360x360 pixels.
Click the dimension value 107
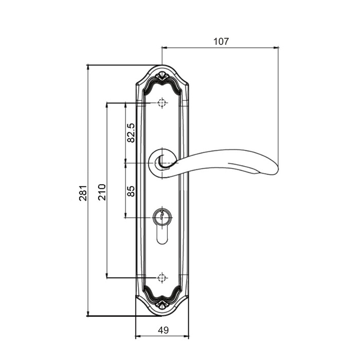(x=221, y=42)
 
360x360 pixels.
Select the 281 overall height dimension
(x=83, y=193)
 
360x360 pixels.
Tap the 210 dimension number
(x=102, y=192)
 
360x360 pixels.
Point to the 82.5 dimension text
(x=131, y=133)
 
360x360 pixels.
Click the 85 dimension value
(x=131, y=191)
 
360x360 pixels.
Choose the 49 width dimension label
(x=163, y=330)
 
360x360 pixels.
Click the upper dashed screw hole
(x=162, y=103)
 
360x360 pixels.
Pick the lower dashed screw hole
(x=162, y=278)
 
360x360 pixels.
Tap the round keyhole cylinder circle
(x=163, y=217)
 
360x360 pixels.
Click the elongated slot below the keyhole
(x=162, y=236)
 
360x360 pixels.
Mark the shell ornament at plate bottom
(x=162, y=304)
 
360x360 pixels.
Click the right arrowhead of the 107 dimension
(x=276, y=47)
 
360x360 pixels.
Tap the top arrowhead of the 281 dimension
(x=88, y=67)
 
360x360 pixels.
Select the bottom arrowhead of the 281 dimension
(x=88, y=314)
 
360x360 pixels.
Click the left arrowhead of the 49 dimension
(x=138, y=336)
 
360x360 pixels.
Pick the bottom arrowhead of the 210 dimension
(x=107, y=276)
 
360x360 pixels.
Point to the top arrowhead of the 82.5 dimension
(x=125, y=105)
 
